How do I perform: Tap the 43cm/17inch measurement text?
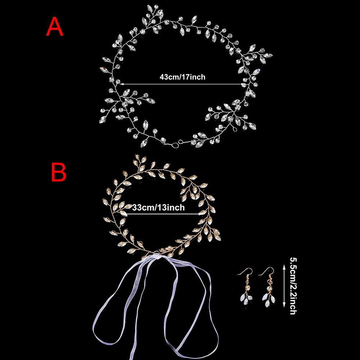182,77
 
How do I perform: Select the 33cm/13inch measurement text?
159,207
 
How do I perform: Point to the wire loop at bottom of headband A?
176,144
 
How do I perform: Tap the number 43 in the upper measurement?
163,77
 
